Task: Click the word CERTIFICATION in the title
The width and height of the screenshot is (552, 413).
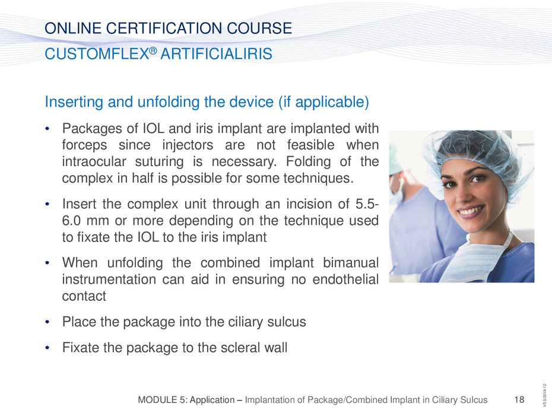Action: (x=164, y=28)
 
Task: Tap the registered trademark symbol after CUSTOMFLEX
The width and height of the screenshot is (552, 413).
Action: (x=153, y=50)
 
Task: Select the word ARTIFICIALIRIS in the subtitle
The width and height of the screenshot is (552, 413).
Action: (x=217, y=54)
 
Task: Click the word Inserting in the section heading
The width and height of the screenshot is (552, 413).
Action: (x=74, y=103)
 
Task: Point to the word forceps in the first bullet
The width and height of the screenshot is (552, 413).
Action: (x=84, y=145)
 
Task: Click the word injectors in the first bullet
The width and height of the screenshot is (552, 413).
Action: (x=188, y=145)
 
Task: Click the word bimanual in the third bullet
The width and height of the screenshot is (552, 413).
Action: (x=351, y=263)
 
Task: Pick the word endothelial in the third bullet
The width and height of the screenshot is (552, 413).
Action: (x=345, y=279)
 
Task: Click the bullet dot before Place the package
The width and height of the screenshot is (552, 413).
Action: (x=47, y=322)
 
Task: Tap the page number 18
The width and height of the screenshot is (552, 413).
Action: (x=519, y=399)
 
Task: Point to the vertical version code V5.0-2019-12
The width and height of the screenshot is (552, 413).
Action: (x=545, y=393)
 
